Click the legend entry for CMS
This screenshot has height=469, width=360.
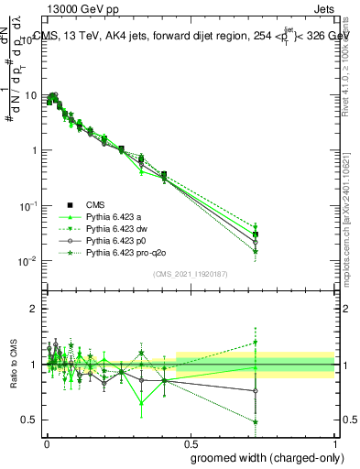97,204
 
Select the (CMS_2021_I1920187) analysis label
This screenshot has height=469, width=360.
191,274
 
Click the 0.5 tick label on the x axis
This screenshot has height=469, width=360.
191,442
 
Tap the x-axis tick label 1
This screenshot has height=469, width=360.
334,442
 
